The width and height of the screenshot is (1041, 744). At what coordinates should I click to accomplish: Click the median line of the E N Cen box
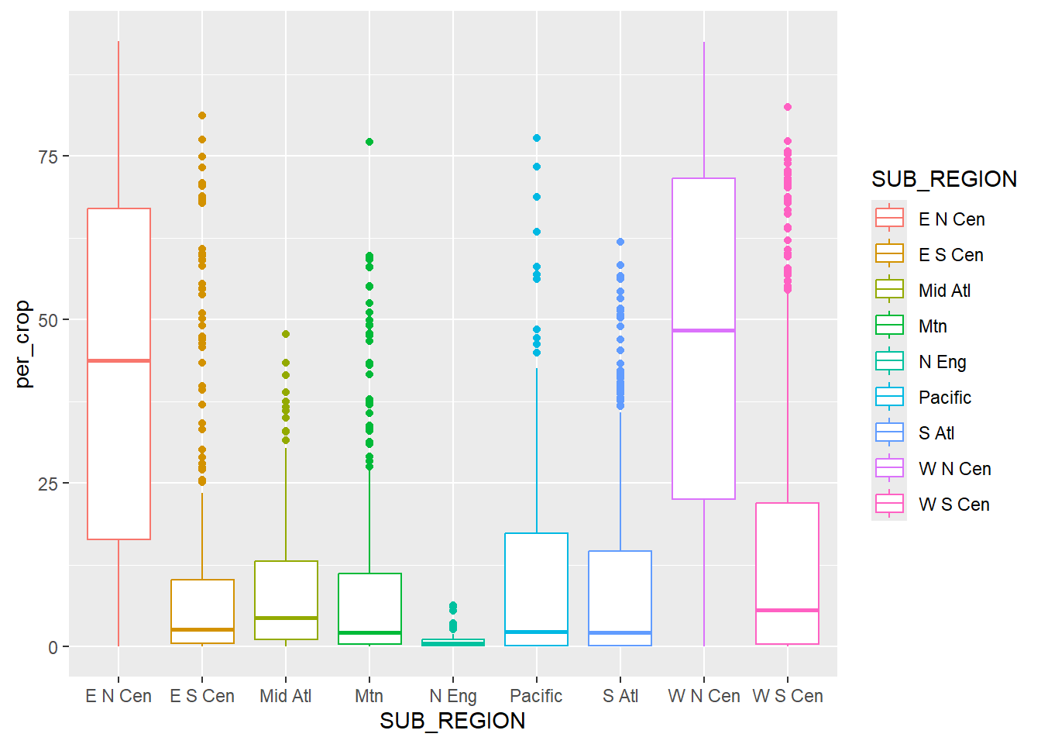[x=119, y=360]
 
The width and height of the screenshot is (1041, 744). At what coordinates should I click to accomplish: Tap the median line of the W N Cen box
[x=703, y=331]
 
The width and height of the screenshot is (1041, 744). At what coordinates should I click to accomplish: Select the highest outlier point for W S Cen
[x=788, y=107]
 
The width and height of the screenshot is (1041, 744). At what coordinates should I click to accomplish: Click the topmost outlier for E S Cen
[x=202, y=115]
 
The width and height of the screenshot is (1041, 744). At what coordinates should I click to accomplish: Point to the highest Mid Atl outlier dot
[x=286, y=334]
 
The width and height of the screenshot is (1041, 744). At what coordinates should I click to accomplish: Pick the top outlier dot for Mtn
[x=369, y=142]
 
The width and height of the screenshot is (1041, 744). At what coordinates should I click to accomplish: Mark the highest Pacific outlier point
[x=537, y=138]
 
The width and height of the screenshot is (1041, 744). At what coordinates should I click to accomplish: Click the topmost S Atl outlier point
[x=620, y=242]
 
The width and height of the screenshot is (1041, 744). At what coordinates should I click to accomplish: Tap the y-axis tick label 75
[x=48, y=157]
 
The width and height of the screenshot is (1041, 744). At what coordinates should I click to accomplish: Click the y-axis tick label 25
[x=48, y=484]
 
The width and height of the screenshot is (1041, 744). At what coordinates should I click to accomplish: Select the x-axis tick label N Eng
[x=453, y=696]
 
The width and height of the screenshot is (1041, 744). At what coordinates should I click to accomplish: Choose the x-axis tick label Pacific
[x=536, y=696]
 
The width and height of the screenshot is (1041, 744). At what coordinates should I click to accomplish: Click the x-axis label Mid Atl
[x=286, y=696]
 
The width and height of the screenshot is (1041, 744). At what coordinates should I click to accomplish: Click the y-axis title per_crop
[x=22, y=344]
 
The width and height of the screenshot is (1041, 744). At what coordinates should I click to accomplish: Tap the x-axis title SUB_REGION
[x=452, y=722]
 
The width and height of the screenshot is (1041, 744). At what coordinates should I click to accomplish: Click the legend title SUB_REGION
[x=943, y=179]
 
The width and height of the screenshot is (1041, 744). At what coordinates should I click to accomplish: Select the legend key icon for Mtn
[x=889, y=325]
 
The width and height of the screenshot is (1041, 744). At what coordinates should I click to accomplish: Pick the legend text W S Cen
[x=954, y=505]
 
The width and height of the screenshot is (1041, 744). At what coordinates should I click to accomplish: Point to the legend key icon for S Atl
[x=889, y=432]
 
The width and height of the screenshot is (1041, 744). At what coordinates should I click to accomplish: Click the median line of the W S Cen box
[x=788, y=611]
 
